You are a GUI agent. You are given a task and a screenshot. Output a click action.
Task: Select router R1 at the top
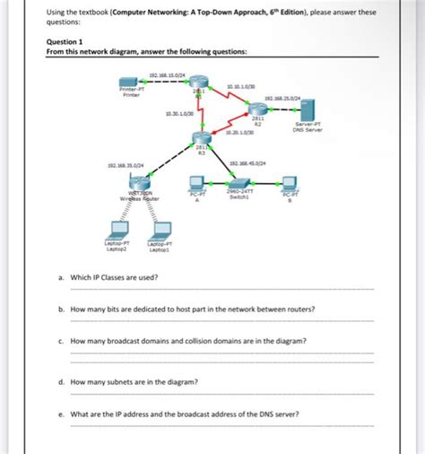(x=197, y=83)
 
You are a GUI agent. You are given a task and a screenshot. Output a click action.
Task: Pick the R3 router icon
(x=200, y=136)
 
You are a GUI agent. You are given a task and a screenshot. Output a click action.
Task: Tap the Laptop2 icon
(x=117, y=229)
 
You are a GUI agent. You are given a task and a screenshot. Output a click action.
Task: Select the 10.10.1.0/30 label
(x=242, y=85)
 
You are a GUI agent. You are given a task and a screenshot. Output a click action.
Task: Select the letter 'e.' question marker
(x=61, y=414)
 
